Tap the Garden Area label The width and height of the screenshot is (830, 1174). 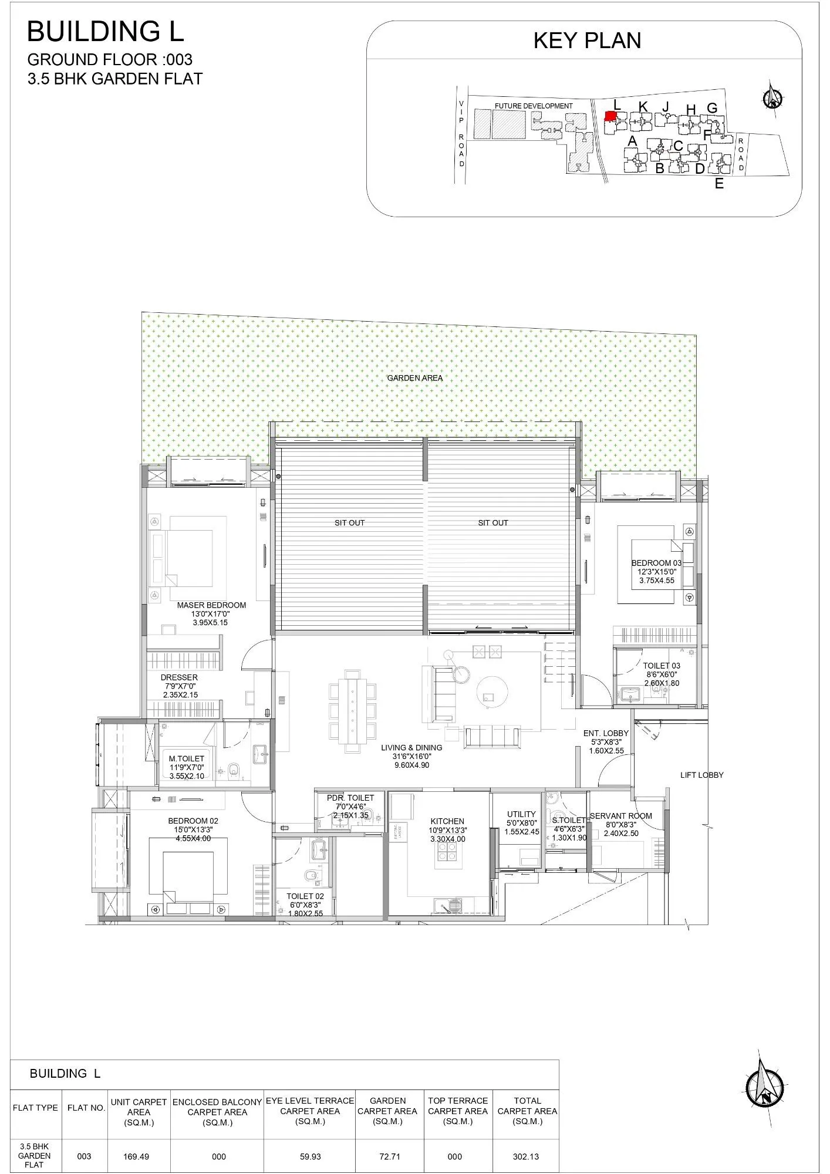click(x=414, y=378)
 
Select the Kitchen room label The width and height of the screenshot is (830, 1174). click(x=447, y=821)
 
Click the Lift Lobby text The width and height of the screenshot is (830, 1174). click(x=701, y=775)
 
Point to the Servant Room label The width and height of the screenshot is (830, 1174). click(x=620, y=816)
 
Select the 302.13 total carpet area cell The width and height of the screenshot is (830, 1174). click(x=527, y=1156)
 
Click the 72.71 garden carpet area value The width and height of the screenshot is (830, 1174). click(x=387, y=1156)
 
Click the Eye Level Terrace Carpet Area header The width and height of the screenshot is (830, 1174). click(x=309, y=1111)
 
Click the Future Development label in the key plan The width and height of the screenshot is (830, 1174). click(x=533, y=106)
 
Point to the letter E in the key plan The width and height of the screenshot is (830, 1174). click(x=719, y=184)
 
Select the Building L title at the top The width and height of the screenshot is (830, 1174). click(x=106, y=32)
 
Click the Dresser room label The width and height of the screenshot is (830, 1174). click(x=179, y=677)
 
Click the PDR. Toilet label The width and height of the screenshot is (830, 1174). click(x=350, y=798)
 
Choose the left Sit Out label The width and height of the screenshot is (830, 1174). click(x=350, y=522)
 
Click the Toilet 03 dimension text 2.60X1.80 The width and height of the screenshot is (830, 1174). click(x=662, y=683)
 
